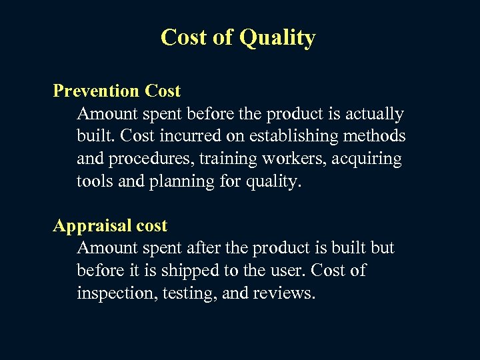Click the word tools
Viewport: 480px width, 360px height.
pyautogui.click(x=95, y=181)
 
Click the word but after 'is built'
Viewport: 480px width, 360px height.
pyautogui.click(x=382, y=248)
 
